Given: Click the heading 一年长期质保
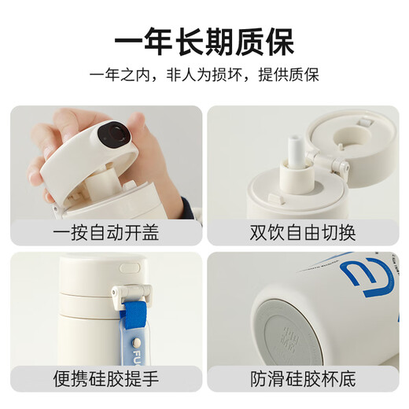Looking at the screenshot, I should pyautogui.click(x=204, y=40).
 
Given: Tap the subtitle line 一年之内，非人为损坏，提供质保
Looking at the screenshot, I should pyautogui.click(x=204, y=77).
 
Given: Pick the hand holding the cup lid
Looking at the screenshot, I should pyautogui.click(x=59, y=153).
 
